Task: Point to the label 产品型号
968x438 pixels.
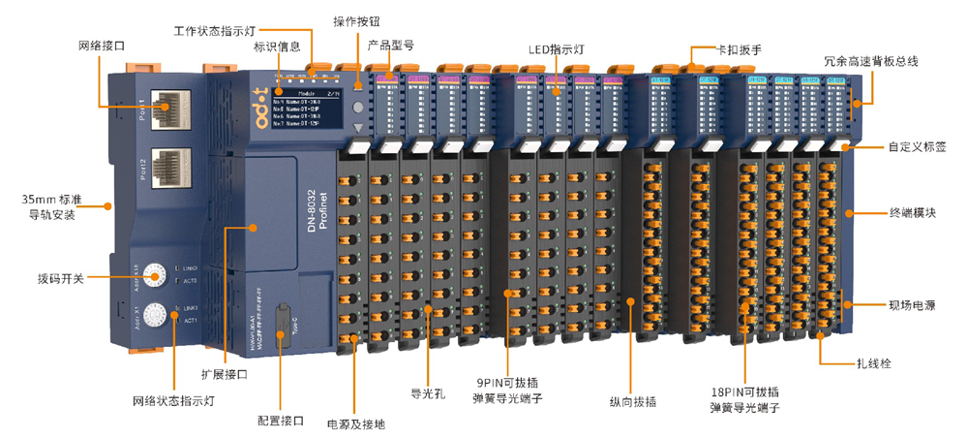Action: pyautogui.click(x=391, y=45)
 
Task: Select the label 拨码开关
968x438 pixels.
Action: pyautogui.click(x=59, y=278)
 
